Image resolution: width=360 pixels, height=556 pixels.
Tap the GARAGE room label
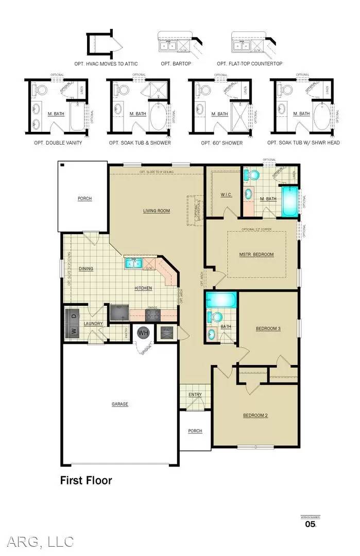(120, 404)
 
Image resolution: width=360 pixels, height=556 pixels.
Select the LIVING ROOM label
(156, 211)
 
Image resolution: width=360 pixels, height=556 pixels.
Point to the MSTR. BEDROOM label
(256, 254)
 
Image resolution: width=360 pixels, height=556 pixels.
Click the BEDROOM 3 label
(268, 328)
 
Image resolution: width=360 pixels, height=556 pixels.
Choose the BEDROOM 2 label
(255, 415)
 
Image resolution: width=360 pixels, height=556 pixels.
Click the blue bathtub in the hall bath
(221, 300)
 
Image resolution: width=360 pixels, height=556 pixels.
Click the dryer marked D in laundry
(73, 316)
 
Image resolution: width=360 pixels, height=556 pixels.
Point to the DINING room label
(86, 269)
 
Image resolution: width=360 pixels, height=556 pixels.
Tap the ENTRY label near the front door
(195, 395)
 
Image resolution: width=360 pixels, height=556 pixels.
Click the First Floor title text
(86, 480)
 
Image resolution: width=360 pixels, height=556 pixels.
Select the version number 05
(310, 524)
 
